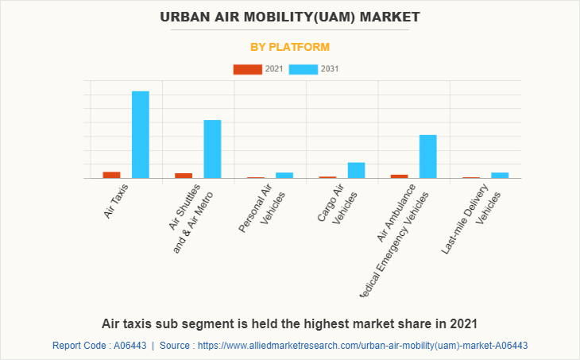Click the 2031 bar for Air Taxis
(x=141, y=134)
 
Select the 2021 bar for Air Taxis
(x=111, y=175)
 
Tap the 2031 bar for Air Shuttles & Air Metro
(x=212, y=149)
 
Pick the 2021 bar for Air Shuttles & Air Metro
(x=184, y=176)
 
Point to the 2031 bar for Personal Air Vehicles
(x=284, y=175)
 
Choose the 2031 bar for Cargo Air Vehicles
(x=357, y=170)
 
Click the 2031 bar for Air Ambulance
(x=428, y=157)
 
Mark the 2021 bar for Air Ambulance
(x=400, y=176)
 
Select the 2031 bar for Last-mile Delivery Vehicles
(x=500, y=175)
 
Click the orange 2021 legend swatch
(x=247, y=69)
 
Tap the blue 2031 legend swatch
(x=304, y=69)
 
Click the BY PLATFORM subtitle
(x=290, y=47)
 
